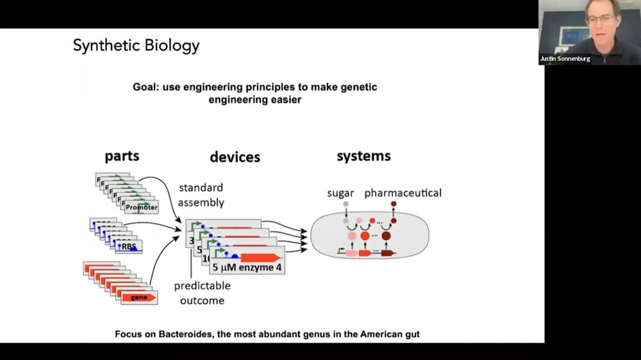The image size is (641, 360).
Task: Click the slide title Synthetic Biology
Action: [136, 45]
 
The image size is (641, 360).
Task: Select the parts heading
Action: [122, 156]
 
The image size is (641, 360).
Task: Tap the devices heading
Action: [235, 157]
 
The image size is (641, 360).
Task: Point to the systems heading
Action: [363, 156]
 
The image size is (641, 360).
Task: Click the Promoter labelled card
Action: [141, 207]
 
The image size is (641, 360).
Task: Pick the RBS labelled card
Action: [129, 245]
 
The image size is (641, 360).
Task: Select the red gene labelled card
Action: [139, 297]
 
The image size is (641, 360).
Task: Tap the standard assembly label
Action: [201, 195]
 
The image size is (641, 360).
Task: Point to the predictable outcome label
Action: [202, 293]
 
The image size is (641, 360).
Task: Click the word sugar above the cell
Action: [340, 193]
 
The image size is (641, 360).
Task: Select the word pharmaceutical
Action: [403, 193]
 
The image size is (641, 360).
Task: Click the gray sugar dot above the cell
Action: [345, 204]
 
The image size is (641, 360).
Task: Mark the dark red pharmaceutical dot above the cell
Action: [394, 204]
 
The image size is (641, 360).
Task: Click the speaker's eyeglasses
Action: [600, 19]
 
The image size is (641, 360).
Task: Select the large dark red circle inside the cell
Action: [386, 236]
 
